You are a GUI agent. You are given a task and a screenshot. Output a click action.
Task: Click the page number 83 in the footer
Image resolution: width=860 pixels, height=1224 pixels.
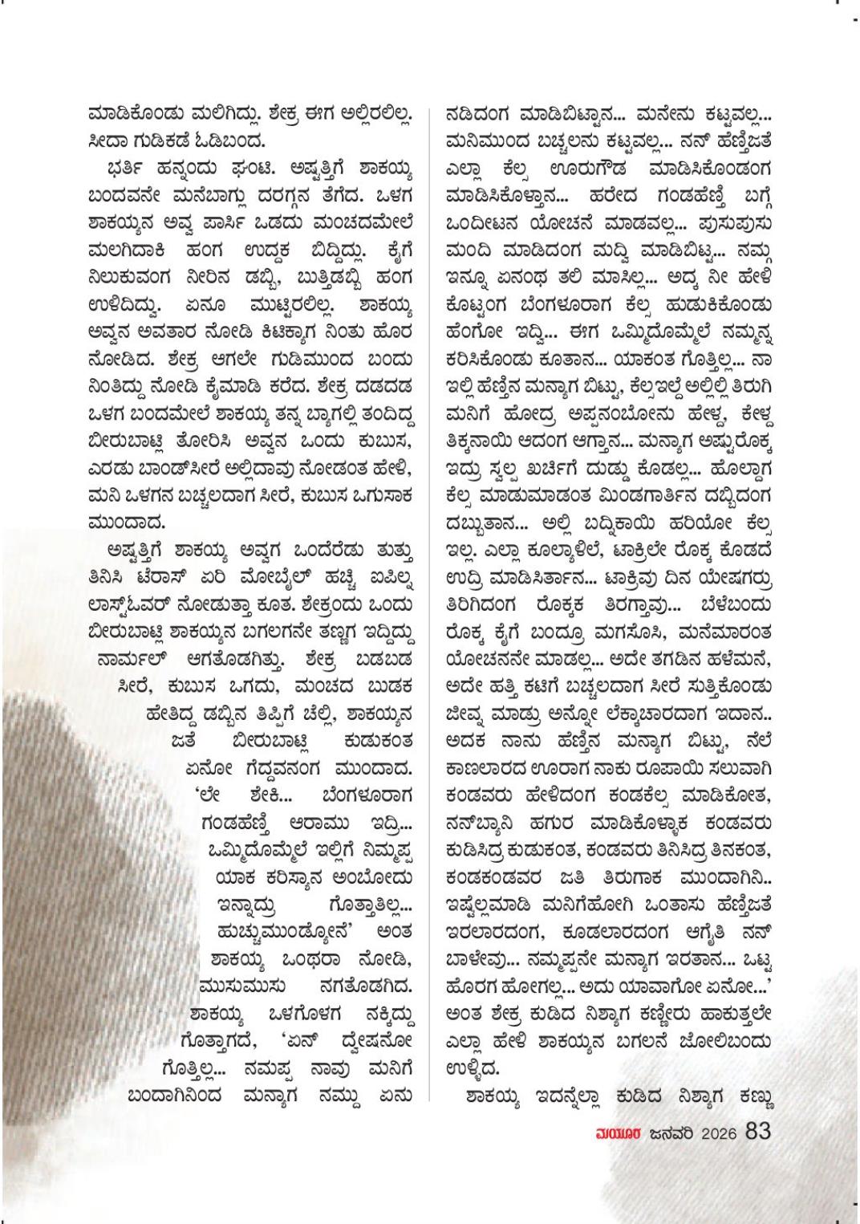tap(758, 1131)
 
